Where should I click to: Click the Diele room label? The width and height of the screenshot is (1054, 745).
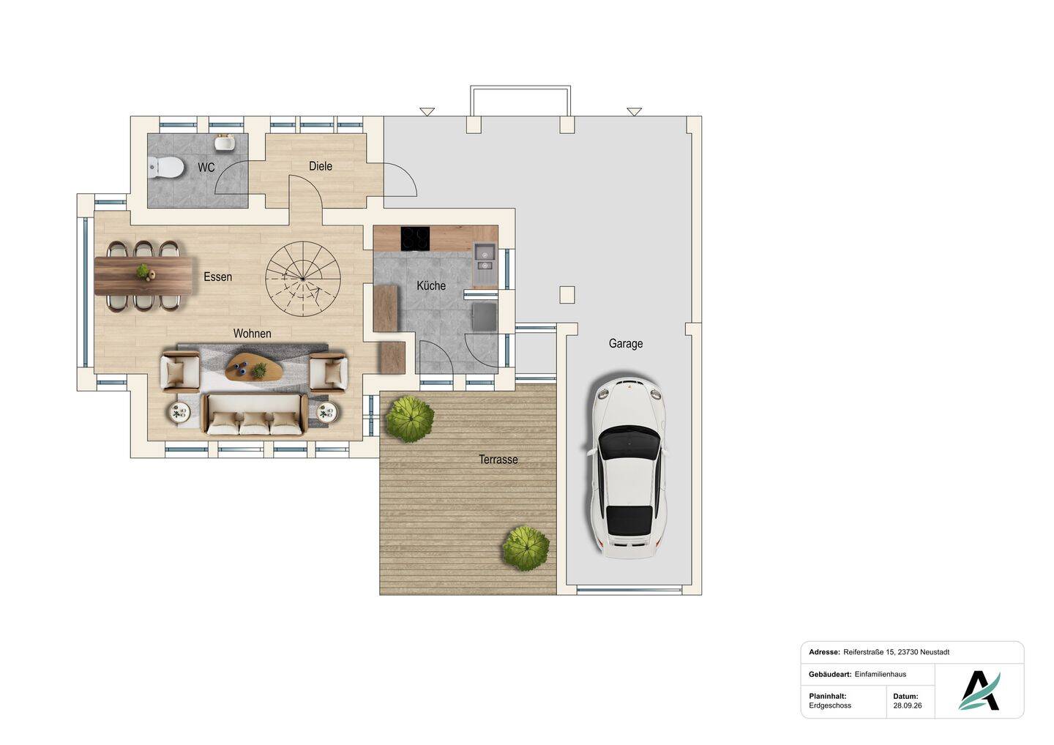321,166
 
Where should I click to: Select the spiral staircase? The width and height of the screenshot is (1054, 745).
303,279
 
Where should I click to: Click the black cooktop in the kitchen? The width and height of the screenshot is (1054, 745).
415,239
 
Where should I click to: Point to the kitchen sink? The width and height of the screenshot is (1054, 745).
485,265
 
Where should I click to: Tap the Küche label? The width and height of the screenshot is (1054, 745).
431,285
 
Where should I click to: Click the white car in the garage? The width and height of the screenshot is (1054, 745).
628,466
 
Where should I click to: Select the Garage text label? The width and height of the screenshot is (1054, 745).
625,344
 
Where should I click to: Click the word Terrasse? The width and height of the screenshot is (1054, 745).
498,459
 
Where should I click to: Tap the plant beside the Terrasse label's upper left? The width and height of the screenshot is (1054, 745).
410,419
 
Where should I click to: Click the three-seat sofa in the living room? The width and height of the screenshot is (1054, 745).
255,415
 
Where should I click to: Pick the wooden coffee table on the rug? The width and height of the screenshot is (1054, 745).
253,366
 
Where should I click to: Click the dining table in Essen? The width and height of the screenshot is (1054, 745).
143,275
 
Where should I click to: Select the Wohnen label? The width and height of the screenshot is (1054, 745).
253,334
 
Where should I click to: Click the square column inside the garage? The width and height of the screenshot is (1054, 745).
567,295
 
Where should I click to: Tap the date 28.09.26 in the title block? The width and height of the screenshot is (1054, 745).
907,705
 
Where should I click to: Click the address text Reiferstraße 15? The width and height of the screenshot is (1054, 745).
869,652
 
